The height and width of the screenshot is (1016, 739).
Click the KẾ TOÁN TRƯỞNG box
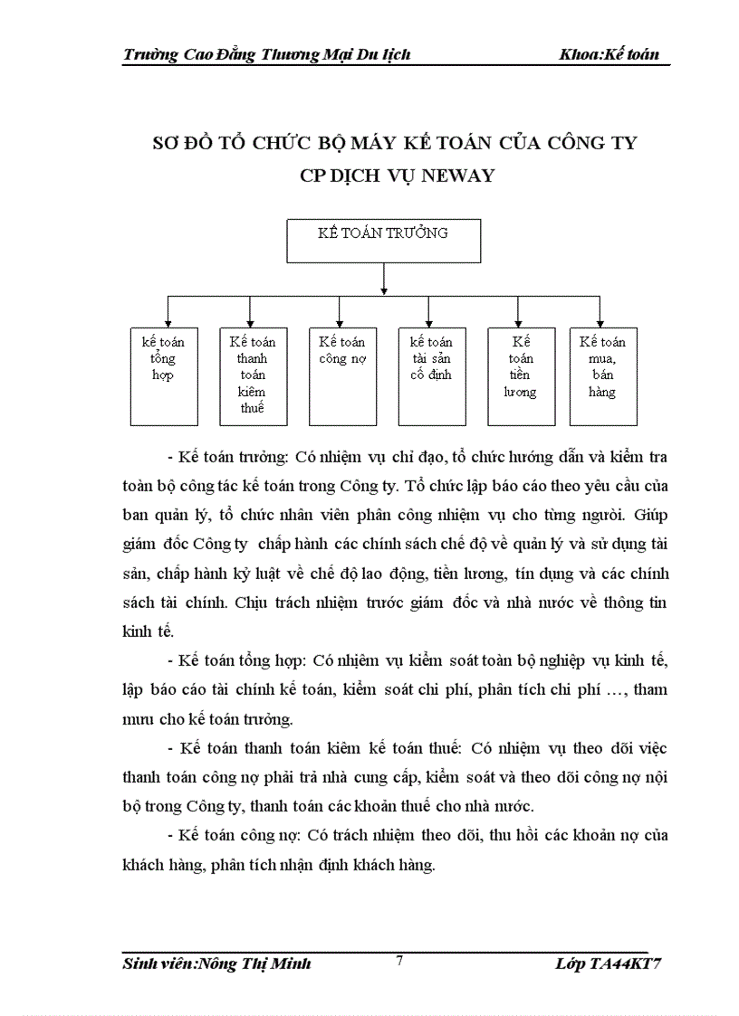click(x=383, y=240)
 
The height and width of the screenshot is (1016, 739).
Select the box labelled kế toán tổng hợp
click(x=164, y=375)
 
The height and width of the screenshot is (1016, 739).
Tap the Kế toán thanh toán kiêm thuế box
click(x=253, y=375)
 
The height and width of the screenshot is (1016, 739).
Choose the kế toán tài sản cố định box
click(x=432, y=375)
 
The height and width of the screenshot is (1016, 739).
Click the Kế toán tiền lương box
click(x=521, y=375)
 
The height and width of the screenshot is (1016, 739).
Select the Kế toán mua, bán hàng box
click(x=602, y=375)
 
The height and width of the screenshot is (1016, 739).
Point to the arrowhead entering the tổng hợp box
click(x=164, y=322)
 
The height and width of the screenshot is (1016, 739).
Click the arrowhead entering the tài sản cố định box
click(x=428, y=322)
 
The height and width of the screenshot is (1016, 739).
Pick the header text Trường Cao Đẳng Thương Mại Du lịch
click(x=266, y=54)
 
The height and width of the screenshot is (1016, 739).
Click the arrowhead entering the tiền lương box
click(x=518, y=322)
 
